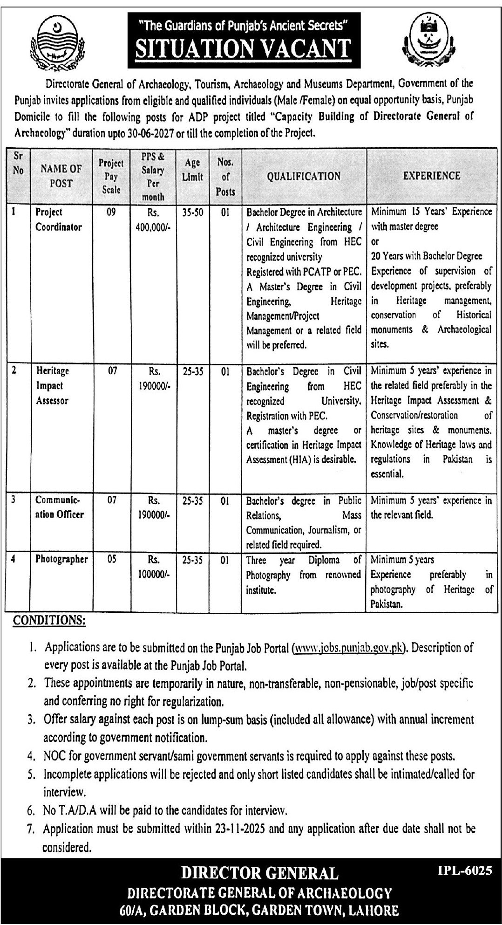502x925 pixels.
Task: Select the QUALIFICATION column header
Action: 304,176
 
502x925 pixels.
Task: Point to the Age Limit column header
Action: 192,169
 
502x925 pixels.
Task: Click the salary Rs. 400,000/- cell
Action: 153,219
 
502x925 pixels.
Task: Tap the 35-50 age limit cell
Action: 192,212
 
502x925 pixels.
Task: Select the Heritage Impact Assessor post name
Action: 53,385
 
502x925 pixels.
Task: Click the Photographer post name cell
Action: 61,559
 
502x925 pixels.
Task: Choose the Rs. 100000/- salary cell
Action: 153,567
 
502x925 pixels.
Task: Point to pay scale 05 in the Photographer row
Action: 111,560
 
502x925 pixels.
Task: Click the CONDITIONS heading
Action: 48,620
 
